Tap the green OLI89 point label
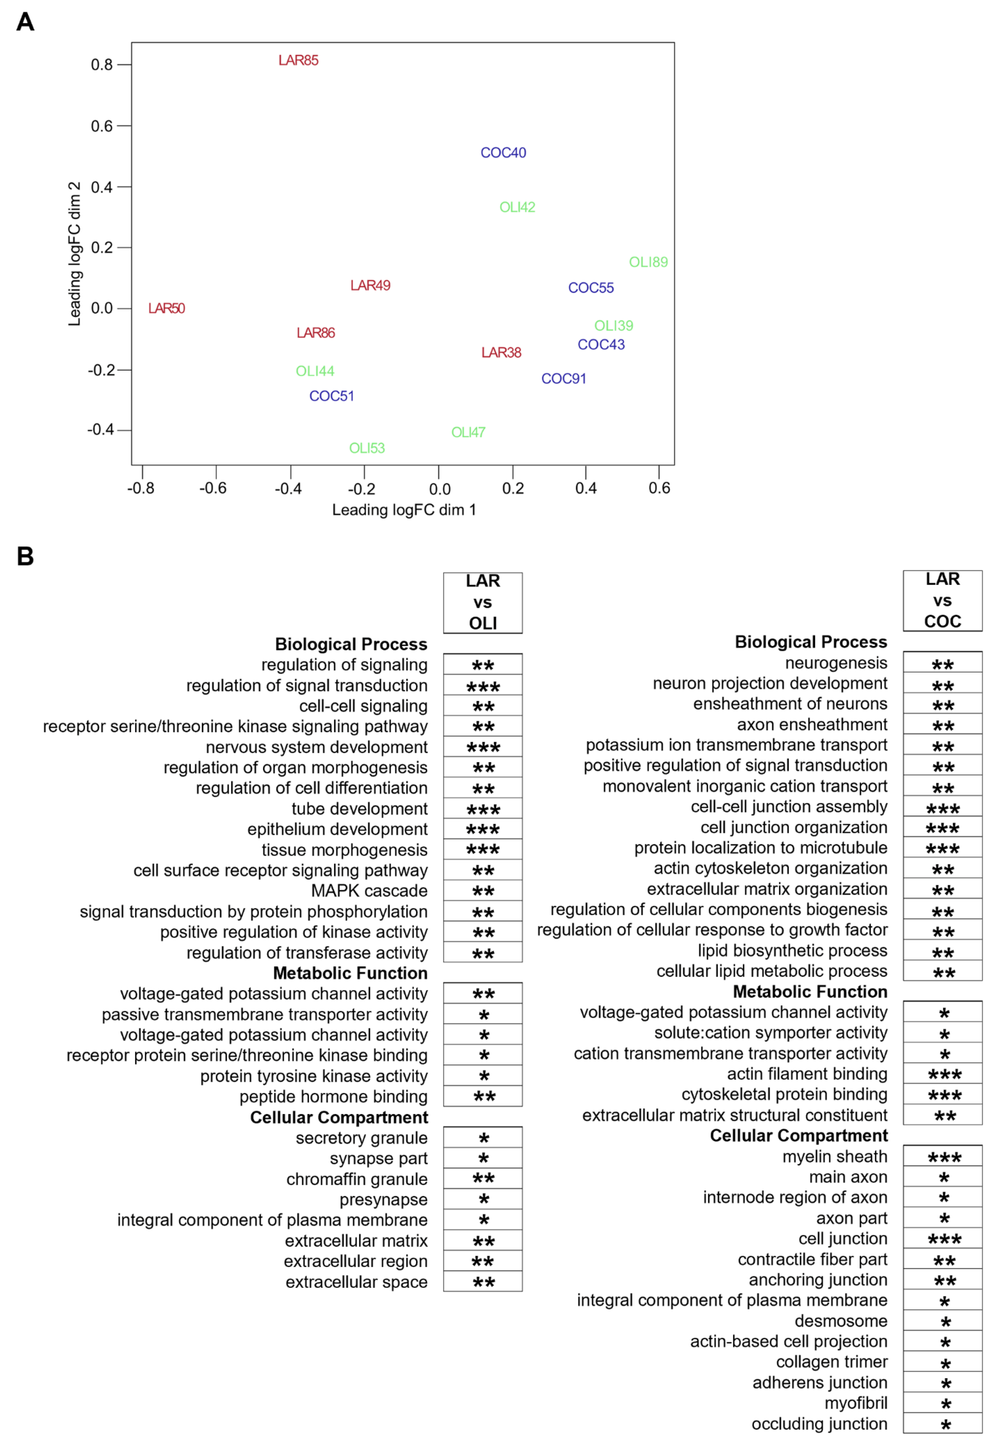[648, 262]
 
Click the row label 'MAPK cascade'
[369, 891]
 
